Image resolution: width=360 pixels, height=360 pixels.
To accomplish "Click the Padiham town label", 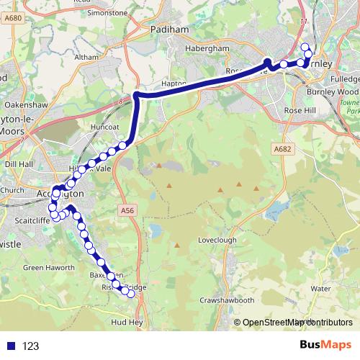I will [x=169, y=30].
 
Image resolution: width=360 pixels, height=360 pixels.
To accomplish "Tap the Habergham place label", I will [x=207, y=48].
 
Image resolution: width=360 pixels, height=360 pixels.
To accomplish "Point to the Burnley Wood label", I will [x=332, y=92].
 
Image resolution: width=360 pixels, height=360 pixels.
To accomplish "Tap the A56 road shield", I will [x=125, y=210].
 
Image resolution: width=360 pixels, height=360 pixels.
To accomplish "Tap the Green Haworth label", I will [x=49, y=267].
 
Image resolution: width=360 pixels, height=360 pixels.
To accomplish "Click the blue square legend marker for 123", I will [x=10, y=346].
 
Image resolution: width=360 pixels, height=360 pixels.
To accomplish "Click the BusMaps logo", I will [x=325, y=346].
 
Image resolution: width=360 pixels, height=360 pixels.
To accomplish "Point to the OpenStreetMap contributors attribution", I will [x=293, y=322].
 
